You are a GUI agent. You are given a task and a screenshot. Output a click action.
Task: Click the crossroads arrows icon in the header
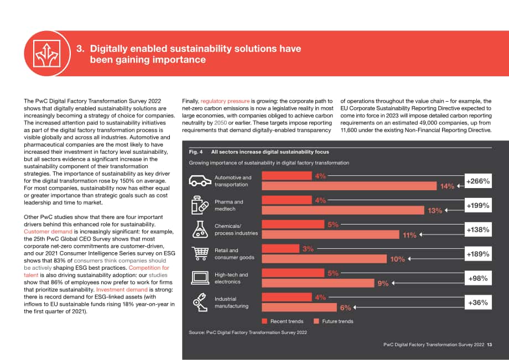tap(47, 54)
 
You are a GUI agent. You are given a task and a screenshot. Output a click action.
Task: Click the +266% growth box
tap(478, 181)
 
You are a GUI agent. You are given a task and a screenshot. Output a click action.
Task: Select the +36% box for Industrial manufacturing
tap(478, 302)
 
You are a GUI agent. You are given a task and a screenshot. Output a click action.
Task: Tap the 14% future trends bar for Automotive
tap(349, 186)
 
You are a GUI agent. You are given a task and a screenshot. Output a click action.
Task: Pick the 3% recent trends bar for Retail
tap(281, 248)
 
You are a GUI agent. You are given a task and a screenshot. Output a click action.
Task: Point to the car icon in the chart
tap(200, 181)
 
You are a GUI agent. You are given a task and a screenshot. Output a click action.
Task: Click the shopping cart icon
tap(200, 253)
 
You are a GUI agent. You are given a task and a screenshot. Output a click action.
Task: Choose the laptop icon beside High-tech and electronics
tap(200, 278)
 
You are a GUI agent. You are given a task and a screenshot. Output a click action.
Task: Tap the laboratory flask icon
tap(200, 229)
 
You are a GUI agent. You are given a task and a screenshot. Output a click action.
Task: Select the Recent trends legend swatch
tap(264, 321)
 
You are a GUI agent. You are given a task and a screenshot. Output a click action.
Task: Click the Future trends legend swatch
tap(316, 321)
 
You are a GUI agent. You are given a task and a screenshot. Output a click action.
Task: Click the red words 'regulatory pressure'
tap(225, 101)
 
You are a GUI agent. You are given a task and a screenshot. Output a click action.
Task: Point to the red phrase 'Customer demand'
tap(48, 232)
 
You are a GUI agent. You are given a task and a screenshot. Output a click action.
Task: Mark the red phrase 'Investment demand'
tap(122, 290)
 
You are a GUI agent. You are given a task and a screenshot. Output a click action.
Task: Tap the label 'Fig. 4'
tap(196, 152)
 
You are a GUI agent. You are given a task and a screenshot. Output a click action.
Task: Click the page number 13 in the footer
tap(490, 345)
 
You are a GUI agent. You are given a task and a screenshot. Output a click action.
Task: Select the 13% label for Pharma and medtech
tap(435, 211)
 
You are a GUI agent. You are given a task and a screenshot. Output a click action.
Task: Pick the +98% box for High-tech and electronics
tap(478, 278)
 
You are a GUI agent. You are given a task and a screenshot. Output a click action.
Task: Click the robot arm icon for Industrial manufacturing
tap(200, 302)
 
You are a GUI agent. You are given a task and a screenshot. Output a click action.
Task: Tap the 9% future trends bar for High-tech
tap(318, 283)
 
